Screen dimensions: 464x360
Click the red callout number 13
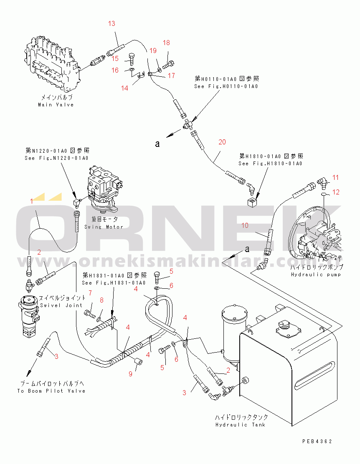[112, 24]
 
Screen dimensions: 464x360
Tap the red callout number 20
[222, 142]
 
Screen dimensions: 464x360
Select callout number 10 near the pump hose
[245, 225]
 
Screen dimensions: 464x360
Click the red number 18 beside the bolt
[166, 43]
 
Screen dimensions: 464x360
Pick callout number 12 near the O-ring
[336, 192]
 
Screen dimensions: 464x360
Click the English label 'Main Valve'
[56, 105]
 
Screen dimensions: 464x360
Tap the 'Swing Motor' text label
[104, 227]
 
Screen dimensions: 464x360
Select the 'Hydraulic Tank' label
[240, 425]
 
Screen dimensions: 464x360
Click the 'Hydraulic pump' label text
[316, 275]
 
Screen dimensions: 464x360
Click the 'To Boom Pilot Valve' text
[51, 391]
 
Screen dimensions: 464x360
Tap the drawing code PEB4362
[318, 441]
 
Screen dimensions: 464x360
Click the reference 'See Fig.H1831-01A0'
[114, 283]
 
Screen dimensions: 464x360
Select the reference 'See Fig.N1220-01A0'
[57, 158]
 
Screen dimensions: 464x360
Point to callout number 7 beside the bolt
[89, 293]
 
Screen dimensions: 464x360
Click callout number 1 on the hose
[31, 201]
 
